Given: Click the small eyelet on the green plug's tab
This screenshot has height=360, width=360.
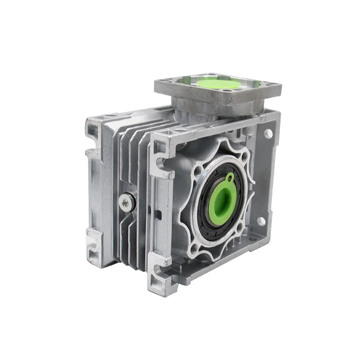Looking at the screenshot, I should point(230,177).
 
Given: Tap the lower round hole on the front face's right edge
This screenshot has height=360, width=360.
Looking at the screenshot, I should point(260,221).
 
